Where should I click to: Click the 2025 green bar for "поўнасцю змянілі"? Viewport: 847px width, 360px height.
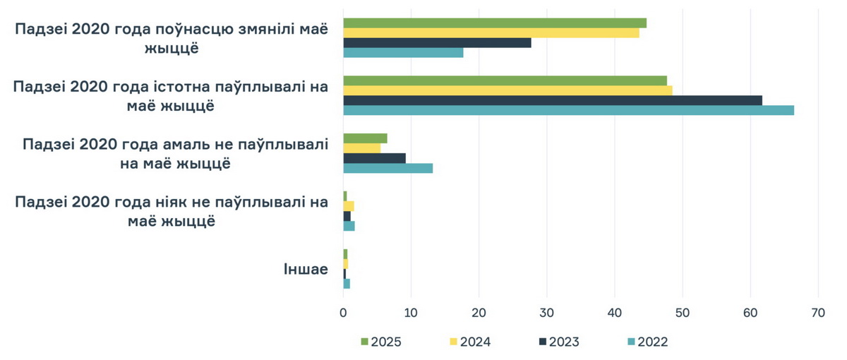(494, 23)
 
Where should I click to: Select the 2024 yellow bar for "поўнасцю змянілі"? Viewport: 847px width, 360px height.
(491, 32)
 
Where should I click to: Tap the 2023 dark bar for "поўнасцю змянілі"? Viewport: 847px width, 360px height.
(437, 42)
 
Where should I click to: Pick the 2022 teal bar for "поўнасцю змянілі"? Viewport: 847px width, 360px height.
(403, 52)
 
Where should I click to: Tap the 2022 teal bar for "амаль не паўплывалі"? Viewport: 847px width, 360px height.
(388, 168)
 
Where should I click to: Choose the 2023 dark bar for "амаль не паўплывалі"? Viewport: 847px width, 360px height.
(374, 158)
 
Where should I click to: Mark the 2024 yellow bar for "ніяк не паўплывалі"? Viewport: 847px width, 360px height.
(349, 206)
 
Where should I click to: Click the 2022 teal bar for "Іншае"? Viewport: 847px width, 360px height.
(347, 284)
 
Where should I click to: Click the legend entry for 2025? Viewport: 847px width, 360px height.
(381, 342)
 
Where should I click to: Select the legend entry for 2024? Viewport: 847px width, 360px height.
(469, 342)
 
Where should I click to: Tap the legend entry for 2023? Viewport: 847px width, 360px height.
(558, 342)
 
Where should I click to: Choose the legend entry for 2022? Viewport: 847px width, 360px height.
(647, 342)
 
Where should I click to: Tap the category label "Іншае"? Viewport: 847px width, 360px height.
(305, 269)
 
